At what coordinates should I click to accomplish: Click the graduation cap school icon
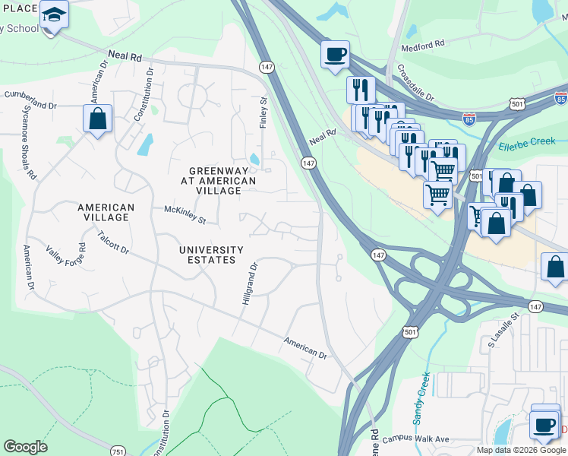click(54, 14)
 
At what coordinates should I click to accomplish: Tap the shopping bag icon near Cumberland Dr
click(98, 119)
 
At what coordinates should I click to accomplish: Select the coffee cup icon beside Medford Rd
click(335, 55)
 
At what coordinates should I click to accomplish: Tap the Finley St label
click(264, 112)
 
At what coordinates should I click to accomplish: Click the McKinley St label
click(185, 214)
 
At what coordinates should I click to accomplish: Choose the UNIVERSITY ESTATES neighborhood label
click(211, 255)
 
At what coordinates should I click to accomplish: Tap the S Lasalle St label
click(502, 330)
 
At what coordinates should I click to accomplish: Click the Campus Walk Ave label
click(416, 439)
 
